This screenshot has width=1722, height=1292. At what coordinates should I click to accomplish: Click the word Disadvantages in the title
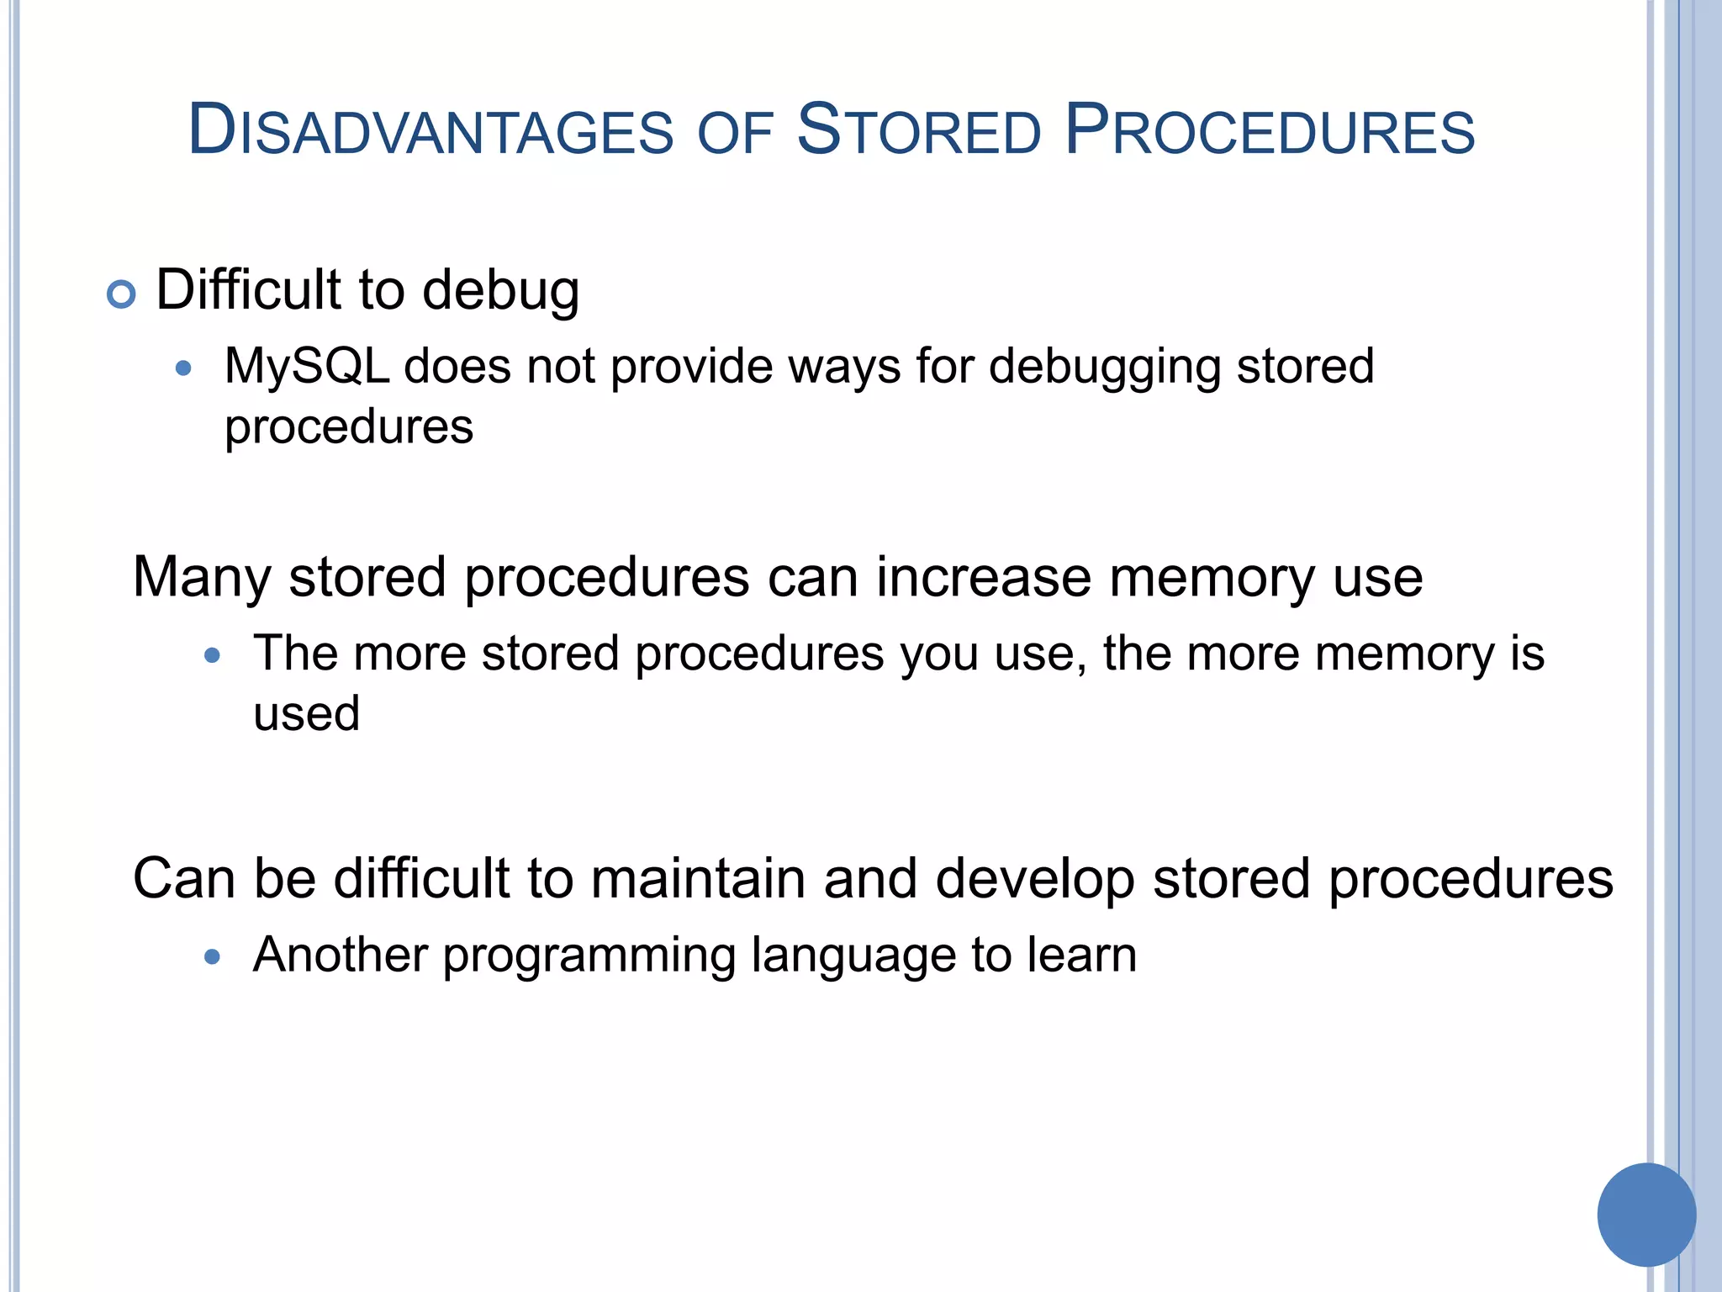[430, 130]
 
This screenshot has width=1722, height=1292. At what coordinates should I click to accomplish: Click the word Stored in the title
[918, 130]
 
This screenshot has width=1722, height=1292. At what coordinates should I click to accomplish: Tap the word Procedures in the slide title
[1269, 130]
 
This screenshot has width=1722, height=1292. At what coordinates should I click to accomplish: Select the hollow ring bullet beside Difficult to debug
[122, 294]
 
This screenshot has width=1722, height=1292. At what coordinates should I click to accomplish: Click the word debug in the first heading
[500, 290]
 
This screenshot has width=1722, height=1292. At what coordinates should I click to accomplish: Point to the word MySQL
[307, 367]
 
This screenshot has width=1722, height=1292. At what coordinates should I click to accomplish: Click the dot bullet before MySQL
[184, 368]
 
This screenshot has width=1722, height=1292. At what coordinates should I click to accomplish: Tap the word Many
[202, 579]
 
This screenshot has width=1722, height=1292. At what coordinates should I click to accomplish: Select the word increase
[984, 579]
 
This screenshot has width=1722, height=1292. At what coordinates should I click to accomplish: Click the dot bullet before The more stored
[213, 654]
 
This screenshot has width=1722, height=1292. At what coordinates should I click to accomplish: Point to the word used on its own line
[307, 714]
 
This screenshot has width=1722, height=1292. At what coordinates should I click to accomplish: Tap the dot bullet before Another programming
[213, 956]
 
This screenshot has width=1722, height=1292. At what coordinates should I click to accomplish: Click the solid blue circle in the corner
[1646, 1214]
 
